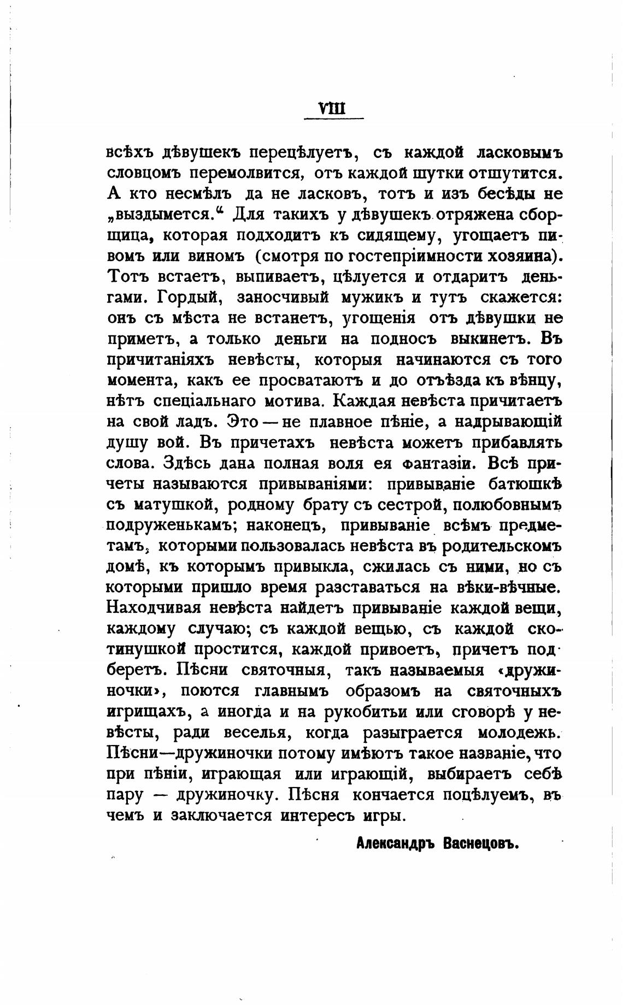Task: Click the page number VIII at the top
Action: (x=333, y=108)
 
